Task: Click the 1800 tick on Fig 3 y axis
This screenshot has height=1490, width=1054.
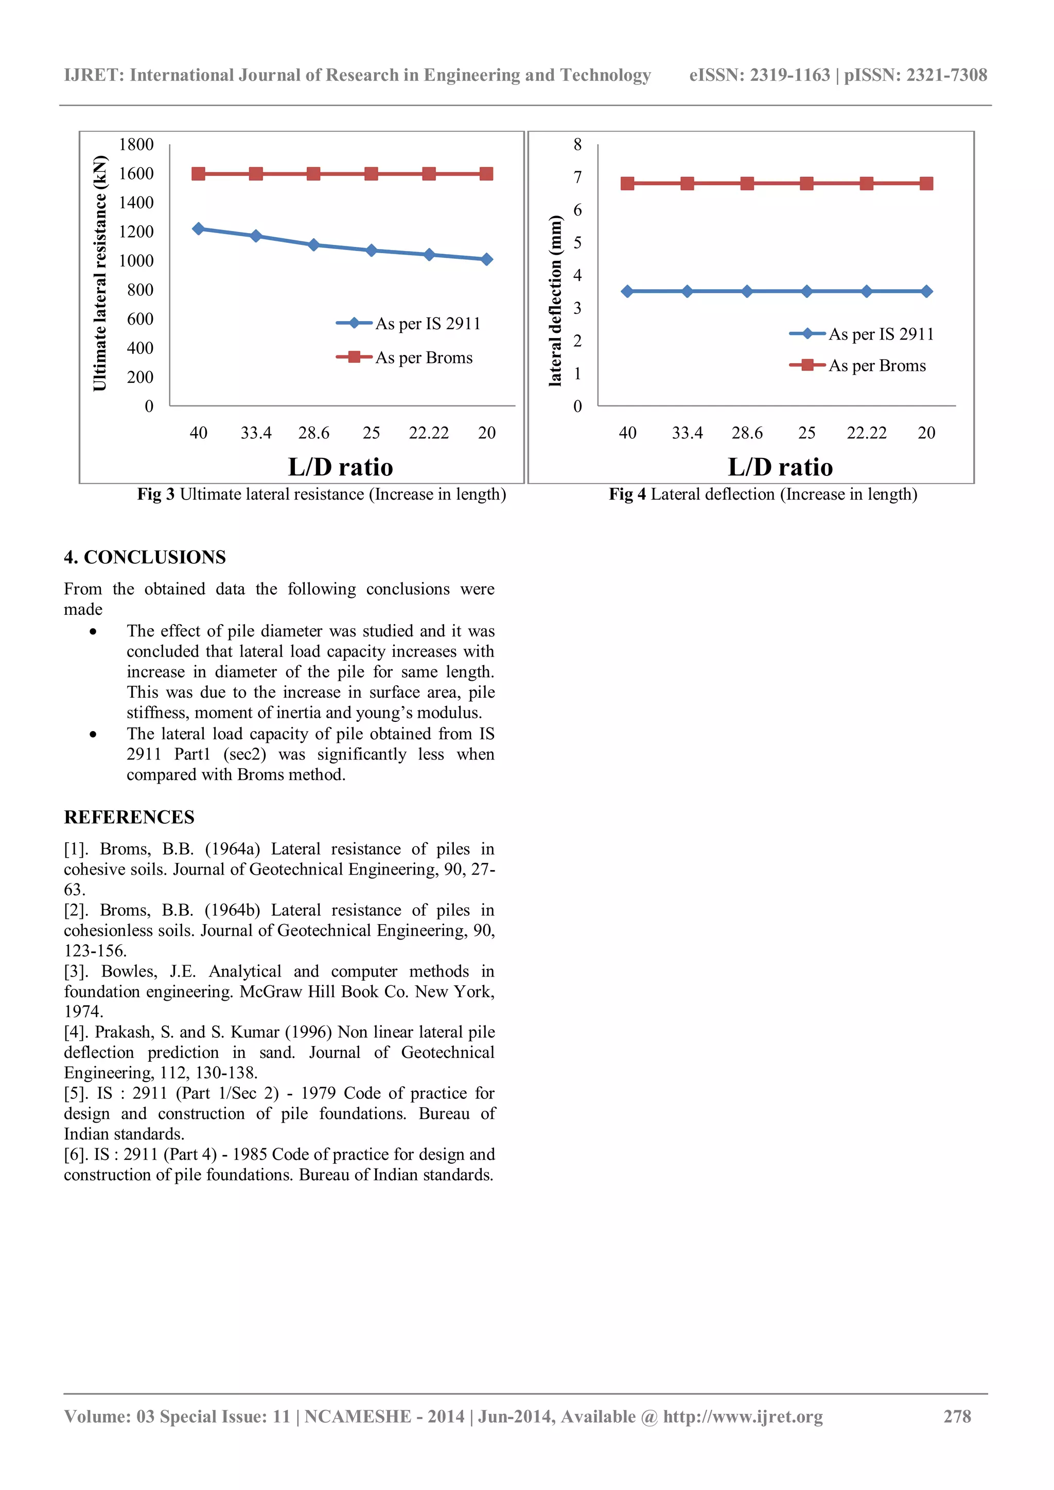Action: [x=136, y=145]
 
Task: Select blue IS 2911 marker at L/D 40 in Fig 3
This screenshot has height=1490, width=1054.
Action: [x=199, y=228]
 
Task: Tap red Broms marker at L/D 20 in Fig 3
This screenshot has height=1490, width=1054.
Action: [x=487, y=174]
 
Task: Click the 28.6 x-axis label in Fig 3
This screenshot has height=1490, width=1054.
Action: [x=313, y=433]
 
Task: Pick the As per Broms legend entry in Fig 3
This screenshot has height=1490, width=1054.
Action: [x=423, y=358]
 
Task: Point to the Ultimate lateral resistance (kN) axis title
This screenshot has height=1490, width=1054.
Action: [x=99, y=273]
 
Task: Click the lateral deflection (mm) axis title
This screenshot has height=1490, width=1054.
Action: [x=555, y=300]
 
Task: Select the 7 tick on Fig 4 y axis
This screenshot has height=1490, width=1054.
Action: [x=577, y=177]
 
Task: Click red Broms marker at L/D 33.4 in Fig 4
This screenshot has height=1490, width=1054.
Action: [x=687, y=184]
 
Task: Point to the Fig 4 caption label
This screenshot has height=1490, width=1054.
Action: [x=627, y=494]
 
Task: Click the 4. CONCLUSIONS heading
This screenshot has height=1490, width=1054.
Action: [x=145, y=557]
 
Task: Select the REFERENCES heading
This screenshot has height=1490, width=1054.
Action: [x=129, y=817]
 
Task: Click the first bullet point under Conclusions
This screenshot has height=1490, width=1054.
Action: [x=94, y=631]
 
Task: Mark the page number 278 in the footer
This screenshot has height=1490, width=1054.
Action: [x=957, y=1416]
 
